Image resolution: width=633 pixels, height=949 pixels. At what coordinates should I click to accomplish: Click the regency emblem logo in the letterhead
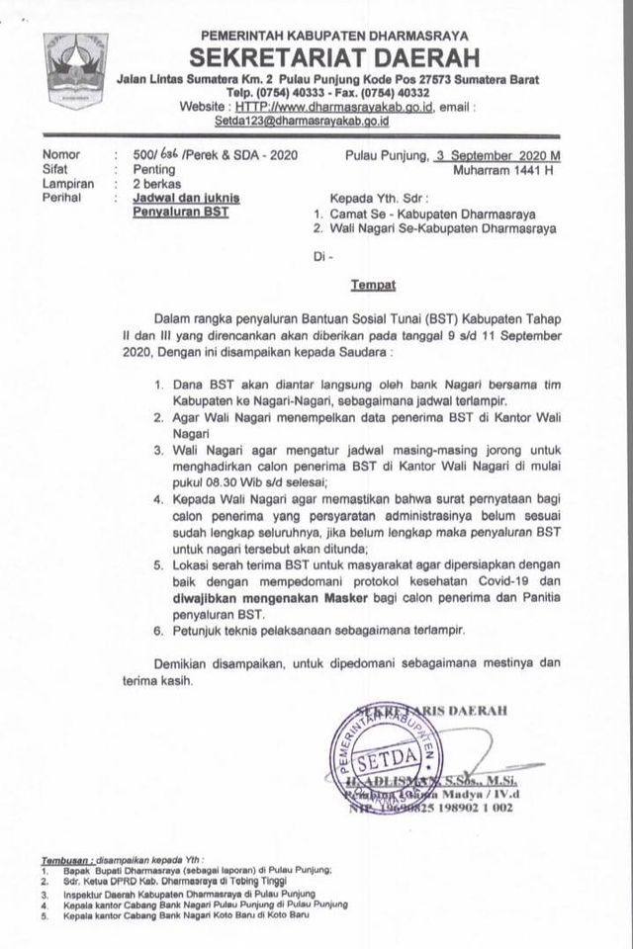[x=72, y=66]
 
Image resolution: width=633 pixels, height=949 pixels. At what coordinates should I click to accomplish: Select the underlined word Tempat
[x=373, y=285]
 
